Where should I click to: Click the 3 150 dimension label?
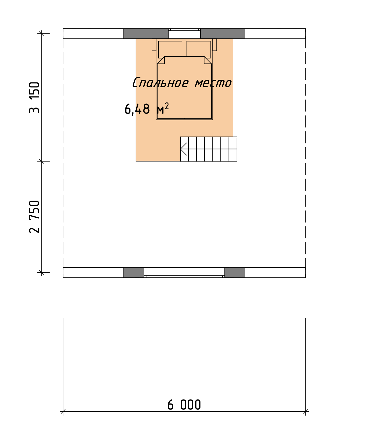pos(34,97)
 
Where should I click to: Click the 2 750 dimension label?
pos(34,217)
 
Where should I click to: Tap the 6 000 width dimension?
pos(184,405)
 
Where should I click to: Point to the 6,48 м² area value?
pos(147,108)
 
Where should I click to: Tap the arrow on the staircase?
pos(183,149)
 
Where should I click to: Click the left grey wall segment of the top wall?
pos(146,34)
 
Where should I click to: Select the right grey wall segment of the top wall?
pos(223,34)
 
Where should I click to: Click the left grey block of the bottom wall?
pos(134,272)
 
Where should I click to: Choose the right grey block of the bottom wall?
pos(235,272)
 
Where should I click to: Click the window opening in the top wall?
pos(184,34)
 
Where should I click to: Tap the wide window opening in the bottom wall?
pos(184,272)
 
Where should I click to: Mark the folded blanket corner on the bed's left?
pos(161,60)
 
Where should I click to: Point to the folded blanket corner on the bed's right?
pos(208,60)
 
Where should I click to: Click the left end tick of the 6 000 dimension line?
pos(63,412)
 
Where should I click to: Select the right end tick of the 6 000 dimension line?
pos(306,412)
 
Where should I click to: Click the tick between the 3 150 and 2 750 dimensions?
pos(41,161)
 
